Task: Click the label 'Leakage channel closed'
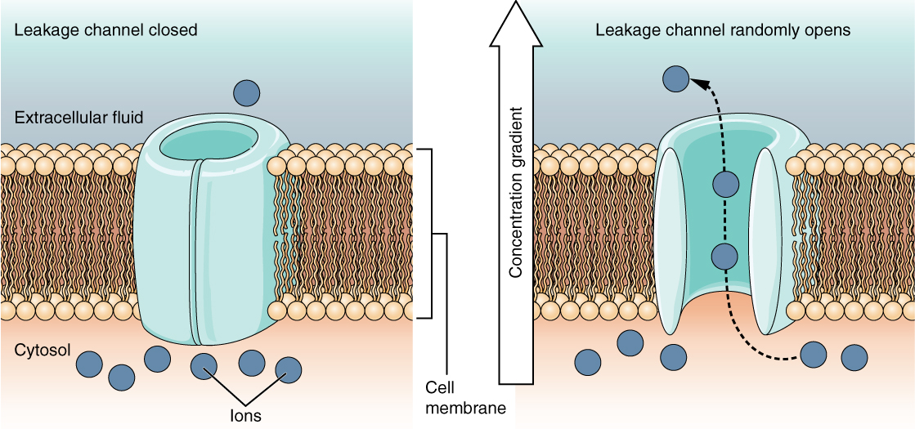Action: [105, 30]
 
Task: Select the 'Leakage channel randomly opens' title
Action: [723, 30]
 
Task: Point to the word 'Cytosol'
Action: [43, 350]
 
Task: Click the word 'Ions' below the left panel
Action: [245, 415]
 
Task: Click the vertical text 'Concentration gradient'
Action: [516, 193]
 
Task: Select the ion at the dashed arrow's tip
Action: [675, 78]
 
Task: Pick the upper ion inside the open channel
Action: [723, 184]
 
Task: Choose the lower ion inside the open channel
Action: [723, 257]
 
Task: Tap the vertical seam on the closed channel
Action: [195, 253]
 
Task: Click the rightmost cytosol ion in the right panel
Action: [854, 357]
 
